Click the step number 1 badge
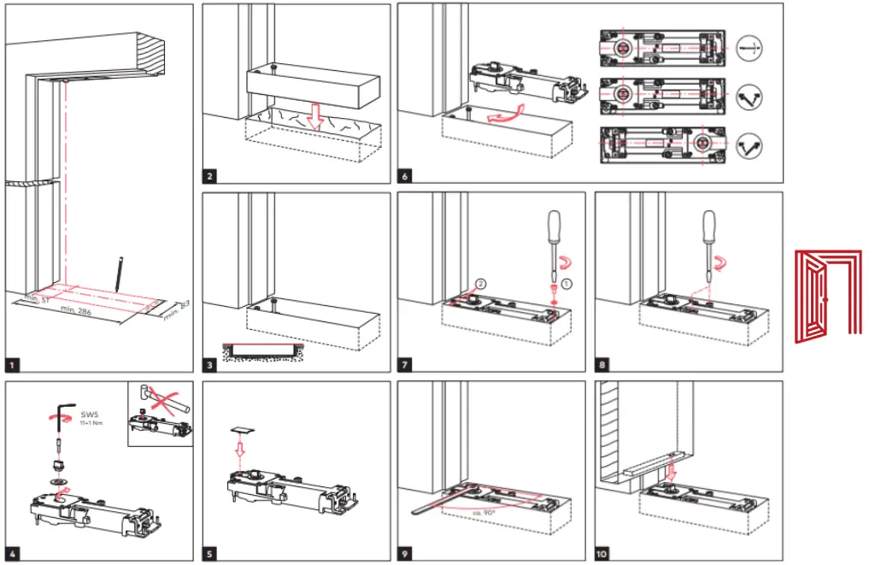[x=12, y=365]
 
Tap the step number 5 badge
[x=209, y=554]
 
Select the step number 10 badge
[x=602, y=554]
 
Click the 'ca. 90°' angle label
[x=484, y=512]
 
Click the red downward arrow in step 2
[x=315, y=116]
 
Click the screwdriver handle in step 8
[x=708, y=229]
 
